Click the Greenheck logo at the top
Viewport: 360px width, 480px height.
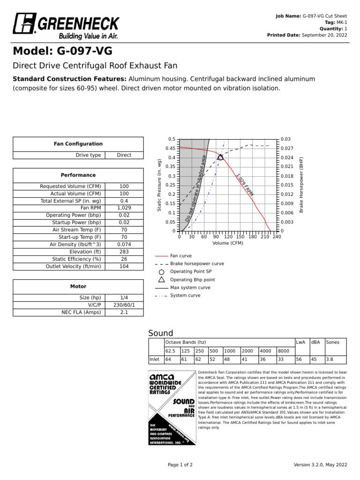[x=66, y=26]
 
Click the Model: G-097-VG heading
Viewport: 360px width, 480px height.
[x=62, y=51]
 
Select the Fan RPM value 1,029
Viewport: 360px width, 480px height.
[x=124, y=207]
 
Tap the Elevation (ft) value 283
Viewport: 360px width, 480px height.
[x=124, y=251]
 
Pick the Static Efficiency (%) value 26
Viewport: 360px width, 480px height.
[x=124, y=259]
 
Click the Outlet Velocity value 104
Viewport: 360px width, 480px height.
[x=124, y=266]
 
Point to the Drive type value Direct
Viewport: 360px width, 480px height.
[x=124, y=155]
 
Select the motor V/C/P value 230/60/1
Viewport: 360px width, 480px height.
[x=124, y=305]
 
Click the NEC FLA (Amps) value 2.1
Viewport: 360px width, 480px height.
[x=124, y=312]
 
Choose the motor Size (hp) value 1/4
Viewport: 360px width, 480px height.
[x=124, y=298]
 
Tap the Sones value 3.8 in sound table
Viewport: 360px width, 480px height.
[x=330, y=359]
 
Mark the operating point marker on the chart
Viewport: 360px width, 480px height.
[x=220, y=157]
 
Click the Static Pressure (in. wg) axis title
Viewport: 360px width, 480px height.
[x=159, y=185]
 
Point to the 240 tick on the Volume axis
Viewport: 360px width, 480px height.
[x=277, y=237]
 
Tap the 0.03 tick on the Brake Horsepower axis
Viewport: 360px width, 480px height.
[x=285, y=139]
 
